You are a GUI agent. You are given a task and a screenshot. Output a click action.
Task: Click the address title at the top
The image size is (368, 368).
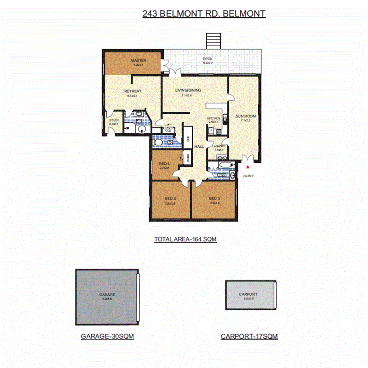tap(204, 14)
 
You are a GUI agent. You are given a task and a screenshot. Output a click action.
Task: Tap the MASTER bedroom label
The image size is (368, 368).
tap(139, 60)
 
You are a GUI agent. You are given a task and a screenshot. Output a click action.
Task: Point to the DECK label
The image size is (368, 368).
tap(207, 59)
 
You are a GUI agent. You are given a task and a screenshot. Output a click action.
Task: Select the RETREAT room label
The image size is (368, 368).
tap(133, 91)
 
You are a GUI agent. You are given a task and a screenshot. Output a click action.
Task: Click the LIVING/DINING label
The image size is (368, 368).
tap(188, 90)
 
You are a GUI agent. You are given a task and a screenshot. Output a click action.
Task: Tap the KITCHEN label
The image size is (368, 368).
tap(214, 118)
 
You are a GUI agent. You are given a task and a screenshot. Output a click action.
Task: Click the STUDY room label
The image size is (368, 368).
tap(114, 120)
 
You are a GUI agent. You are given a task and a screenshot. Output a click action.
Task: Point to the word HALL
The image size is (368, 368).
tap(199, 146)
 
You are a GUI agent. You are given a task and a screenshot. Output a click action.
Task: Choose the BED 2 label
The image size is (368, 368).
tap(170, 198)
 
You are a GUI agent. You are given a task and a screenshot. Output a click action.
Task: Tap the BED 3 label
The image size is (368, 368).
tap(214, 198)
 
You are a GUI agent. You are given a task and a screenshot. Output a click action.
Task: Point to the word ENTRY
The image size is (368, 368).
tap(248, 176)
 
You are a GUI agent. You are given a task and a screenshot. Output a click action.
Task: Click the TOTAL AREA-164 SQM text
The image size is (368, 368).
tap(185, 239)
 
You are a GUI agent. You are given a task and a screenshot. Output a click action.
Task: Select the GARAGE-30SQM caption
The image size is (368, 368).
tap(107, 336)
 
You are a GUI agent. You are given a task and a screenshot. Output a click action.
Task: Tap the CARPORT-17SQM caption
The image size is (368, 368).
tap(249, 336)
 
